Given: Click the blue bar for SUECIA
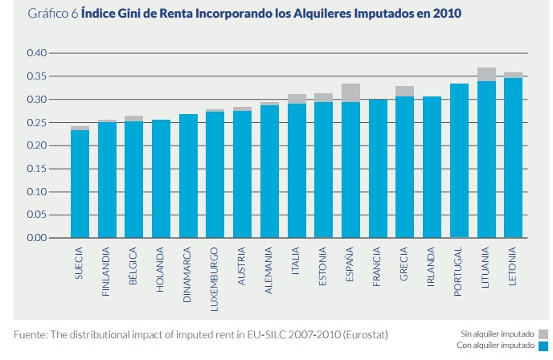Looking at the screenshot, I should click(x=80, y=184).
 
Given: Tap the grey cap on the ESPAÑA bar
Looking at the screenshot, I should click(x=350, y=92).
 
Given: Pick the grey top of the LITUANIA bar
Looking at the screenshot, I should click(x=486, y=74).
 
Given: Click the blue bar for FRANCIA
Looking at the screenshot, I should click(x=378, y=169).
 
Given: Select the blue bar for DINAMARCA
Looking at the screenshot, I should click(x=188, y=176).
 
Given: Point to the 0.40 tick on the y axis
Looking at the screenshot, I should click(x=38, y=53).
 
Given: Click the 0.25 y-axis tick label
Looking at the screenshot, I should click(x=38, y=123).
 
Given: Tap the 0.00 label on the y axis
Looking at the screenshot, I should click(x=38, y=239).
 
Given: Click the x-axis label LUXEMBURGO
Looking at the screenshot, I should click(x=215, y=273).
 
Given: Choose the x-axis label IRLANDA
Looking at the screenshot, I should click(x=432, y=268).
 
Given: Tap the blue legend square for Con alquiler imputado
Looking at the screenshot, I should click(x=543, y=346).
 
